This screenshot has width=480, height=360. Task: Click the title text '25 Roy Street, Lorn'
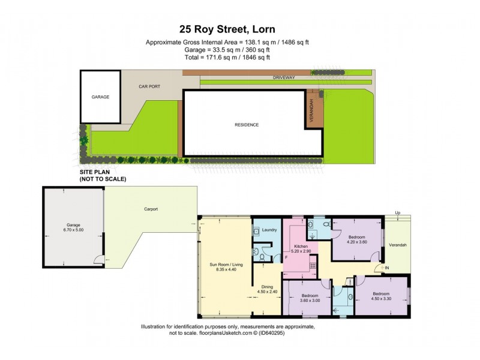pos(240,28)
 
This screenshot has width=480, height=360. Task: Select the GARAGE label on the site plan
pos(100,97)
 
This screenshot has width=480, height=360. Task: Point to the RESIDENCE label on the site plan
pos(246,125)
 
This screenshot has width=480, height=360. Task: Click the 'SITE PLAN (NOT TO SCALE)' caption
pos(103,175)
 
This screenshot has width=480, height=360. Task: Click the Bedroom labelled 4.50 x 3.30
pos(384,296)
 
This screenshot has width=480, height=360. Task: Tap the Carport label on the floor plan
pos(151,209)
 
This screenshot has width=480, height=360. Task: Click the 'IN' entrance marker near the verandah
pos(387,268)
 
